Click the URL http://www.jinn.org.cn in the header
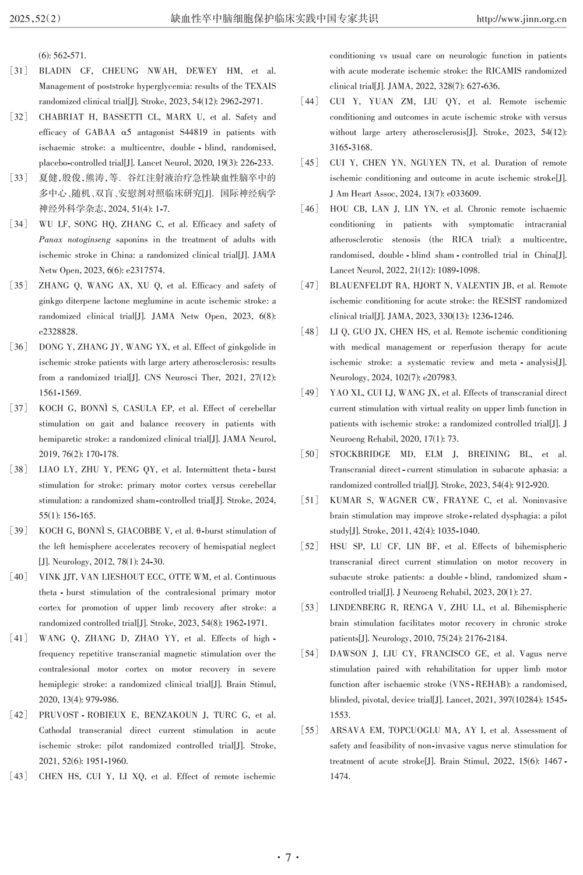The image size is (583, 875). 521,19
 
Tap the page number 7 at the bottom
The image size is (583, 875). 287,857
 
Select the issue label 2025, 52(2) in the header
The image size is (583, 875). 36,19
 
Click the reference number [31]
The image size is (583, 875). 19,71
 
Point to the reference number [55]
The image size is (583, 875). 310,730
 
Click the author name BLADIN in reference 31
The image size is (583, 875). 55,71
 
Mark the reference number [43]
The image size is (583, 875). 19,776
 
